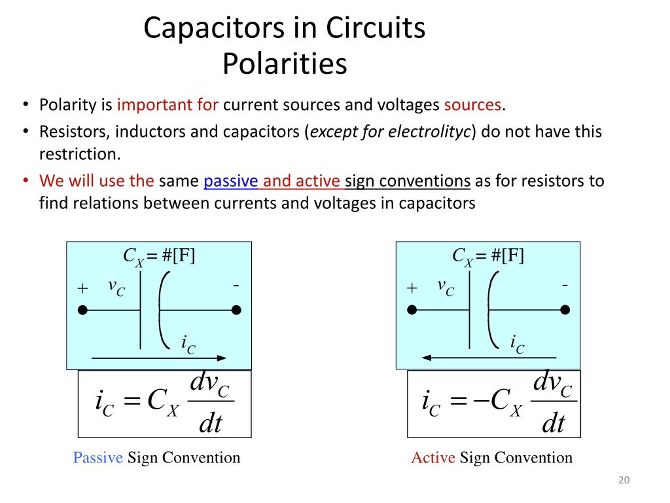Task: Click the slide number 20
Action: pyautogui.click(x=624, y=481)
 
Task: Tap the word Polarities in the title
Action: pyautogui.click(x=284, y=64)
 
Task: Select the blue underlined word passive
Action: pyautogui.click(x=231, y=181)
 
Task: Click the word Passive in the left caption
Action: pyautogui.click(x=97, y=458)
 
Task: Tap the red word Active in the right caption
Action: pyautogui.click(x=432, y=458)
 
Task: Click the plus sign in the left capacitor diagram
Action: pyautogui.click(x=82, y=288)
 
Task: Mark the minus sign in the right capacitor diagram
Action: pyautogui.click(x=565, y=286)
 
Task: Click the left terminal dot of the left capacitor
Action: pyautogui.click(x=82, y=310)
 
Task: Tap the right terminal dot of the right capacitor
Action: pyautogui.click(x=565, y=310)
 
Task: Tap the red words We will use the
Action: pyautogui.click(x=97, y=181)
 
